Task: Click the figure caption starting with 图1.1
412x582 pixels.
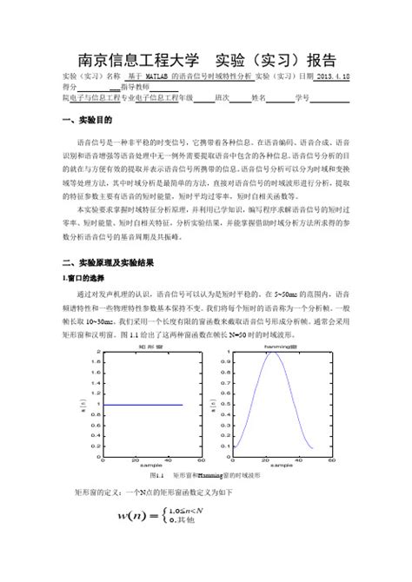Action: tap(205, 477)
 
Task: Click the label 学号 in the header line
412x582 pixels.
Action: tap(302, 98)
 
